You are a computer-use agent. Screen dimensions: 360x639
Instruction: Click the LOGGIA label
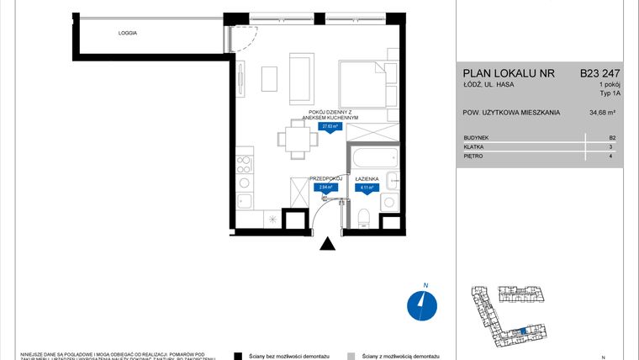pyautogui.click(x=128, y=33)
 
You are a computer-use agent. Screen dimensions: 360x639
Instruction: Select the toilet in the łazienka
pyautogui.click(x=363, y=217)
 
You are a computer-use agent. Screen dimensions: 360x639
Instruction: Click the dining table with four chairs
pyautogui.click(x=294, y=139)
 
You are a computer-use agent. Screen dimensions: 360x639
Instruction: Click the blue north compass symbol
pyautogui.click(x=420, y=305)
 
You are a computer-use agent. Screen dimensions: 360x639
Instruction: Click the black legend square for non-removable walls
pyautogui.click(x=238, y=355)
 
